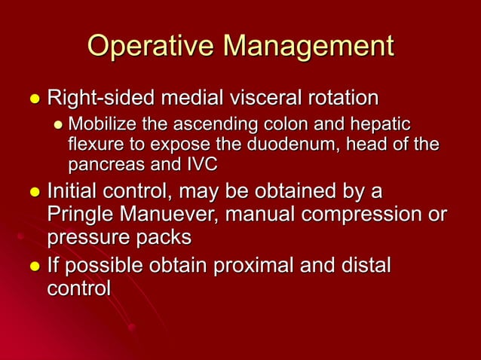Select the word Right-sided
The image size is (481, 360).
pyautogui.click(x=97, y=99)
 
